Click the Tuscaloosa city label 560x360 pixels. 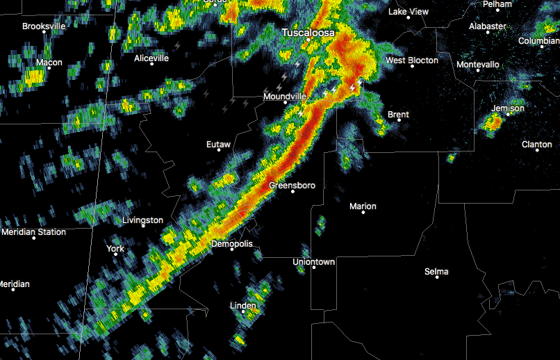coord(308,33)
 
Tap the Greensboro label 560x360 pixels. coord(293,186)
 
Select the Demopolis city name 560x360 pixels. coord(232,244)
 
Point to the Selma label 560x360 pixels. coord(436,271)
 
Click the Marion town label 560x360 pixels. coord(363,206)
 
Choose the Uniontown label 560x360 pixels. coord(314,262)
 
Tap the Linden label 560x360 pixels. coord(243,305)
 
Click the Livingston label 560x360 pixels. coord(143,220)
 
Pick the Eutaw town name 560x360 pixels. coord(218,145)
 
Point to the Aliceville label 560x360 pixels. coord(151,58)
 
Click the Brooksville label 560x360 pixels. coord(44,26)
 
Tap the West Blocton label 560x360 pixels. coord(412,60)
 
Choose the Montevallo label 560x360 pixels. coord(478,65)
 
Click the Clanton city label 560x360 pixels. coord(537,145)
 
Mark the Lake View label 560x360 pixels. coord(409,12)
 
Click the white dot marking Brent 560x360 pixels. coord(399,120)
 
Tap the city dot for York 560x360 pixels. coord(115,254)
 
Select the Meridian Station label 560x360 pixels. coord(33,232)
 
